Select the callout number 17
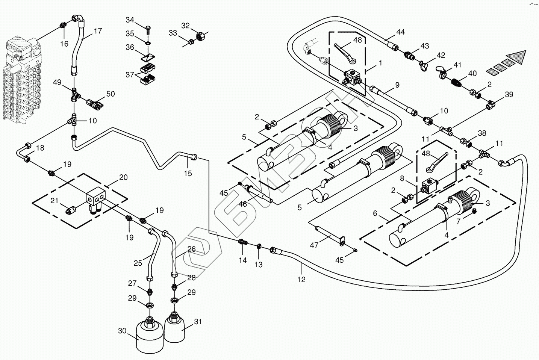click(98, 31)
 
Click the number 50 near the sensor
click(110, 94)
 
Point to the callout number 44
click(400, 32)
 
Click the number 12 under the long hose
click(301, 279)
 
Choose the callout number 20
click(123, 178)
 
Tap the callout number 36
click(130, 47)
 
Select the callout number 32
click(185, 26)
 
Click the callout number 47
click(314, 245)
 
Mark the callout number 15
click(188, 173)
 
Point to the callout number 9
click(397, 85)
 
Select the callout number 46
click(243, 204)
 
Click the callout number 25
click(138, 263)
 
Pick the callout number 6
click(375, 213)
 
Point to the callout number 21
click(55, 201)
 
